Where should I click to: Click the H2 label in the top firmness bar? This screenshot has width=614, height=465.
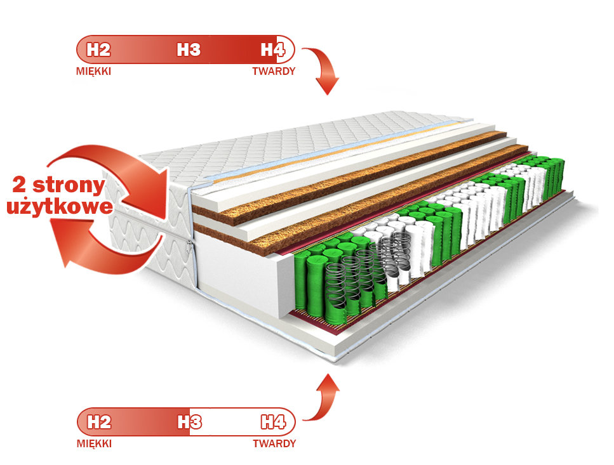tap(99, 49)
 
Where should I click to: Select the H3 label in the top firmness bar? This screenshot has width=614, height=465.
tap(189, 49)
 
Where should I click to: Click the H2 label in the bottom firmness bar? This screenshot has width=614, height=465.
tap(99, 421)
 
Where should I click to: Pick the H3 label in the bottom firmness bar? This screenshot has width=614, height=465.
tap(189, 421)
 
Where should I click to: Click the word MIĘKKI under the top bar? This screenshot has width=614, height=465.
tap(94, 71)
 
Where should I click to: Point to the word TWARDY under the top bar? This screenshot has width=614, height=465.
tap(274, 71)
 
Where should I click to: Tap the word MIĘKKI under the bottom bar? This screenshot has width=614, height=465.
tap(94, 443)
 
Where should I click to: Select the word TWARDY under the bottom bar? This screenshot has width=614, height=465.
tap(274, 443)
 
